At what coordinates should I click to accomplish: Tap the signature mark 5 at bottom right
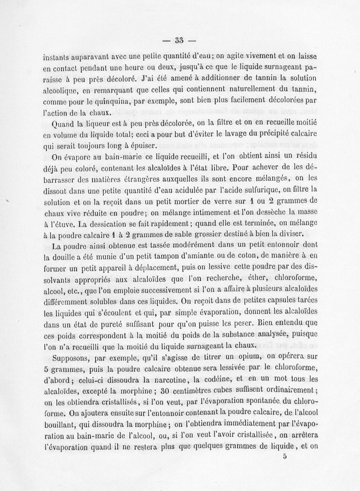coord(285,455)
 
